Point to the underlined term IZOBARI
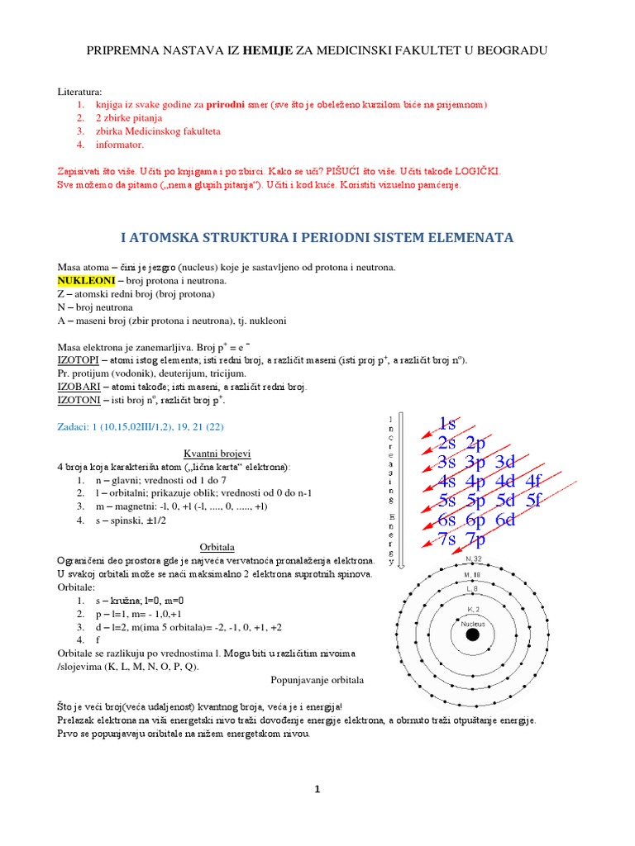tap(79, 386)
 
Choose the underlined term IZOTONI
tap(79, 399)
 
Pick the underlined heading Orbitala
tap(218, 547)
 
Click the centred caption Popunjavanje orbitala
tap(317, 680)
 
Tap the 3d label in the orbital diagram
tap(511, 462)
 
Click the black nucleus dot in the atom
tap(472, 635)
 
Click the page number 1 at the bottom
tap(317, 790)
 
